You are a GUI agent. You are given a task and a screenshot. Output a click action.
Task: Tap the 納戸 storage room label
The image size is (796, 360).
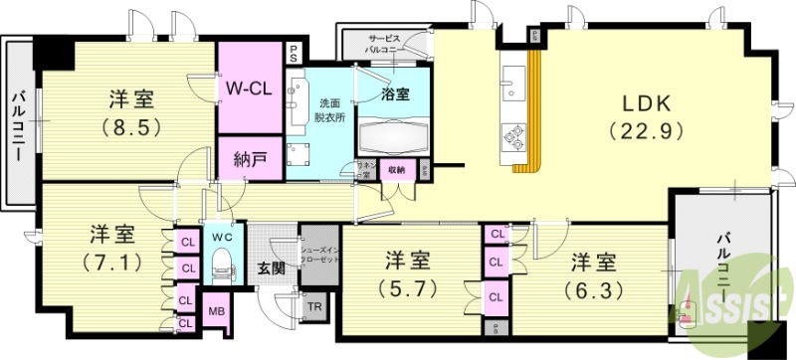pos(249,159)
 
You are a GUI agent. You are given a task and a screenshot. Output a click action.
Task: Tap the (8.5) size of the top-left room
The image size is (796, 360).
pos(129,126)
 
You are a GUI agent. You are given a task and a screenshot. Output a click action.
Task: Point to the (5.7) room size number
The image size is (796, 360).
pos(409,287)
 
